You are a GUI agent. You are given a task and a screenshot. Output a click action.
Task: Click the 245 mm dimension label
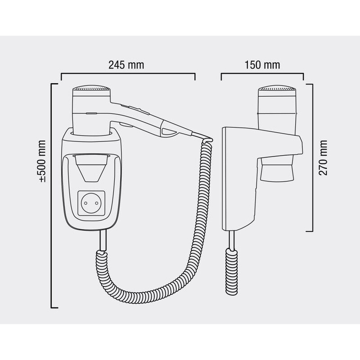[x=126, y=65]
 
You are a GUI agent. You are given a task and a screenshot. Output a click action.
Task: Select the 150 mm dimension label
[x=262, y=65]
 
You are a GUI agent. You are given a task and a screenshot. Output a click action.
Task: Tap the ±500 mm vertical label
[x=42, y=161]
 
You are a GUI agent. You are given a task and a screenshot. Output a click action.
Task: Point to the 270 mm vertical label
[x=323, y=158]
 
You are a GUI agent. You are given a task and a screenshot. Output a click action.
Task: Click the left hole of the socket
[x=85, y=203]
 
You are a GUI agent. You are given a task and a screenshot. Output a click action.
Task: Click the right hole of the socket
[x=97, y=203]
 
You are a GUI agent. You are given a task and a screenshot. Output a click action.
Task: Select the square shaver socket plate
[x=91, y=203]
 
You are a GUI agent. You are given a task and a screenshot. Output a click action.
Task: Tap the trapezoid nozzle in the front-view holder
[x=91, y=168]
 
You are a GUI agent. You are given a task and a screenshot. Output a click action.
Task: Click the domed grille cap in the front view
[x=91, y=88]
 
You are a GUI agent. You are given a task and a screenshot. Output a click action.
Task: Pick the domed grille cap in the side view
[x=277, y=88]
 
